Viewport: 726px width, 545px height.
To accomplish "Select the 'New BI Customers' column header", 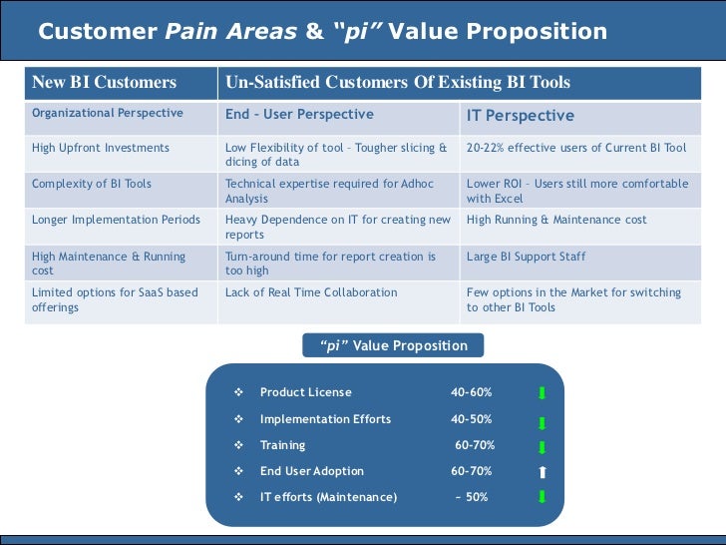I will (104, 83).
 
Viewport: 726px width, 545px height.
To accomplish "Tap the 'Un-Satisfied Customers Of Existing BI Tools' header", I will (398, 83).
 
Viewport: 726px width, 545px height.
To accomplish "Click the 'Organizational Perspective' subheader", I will (108, 114).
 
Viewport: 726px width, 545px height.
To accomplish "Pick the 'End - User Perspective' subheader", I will (299, 115).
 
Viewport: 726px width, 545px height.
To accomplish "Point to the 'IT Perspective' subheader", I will (520, 116).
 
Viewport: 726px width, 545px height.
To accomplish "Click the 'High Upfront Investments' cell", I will (101, 148).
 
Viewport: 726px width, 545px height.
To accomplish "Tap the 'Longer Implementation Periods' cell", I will (110, 220).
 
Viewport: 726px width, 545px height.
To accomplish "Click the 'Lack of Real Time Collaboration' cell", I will (311, 292).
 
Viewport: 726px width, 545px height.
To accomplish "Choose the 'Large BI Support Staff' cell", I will (526, 257).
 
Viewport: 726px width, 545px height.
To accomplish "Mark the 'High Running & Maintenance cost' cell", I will (556, 220).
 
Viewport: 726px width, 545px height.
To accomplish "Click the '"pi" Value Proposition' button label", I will (393, 346).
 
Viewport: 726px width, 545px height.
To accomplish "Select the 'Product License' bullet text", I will (305, 392).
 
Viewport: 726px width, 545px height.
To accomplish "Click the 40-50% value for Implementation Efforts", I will (471, 419).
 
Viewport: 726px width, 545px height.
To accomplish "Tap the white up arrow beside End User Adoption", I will (542, 472).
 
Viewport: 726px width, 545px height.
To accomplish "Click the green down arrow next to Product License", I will (542, 393).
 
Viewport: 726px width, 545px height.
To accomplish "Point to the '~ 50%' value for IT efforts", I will (471, 497).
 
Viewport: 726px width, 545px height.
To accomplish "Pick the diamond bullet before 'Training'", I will (238, 445).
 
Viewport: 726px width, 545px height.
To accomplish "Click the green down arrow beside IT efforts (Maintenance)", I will (542, 497).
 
